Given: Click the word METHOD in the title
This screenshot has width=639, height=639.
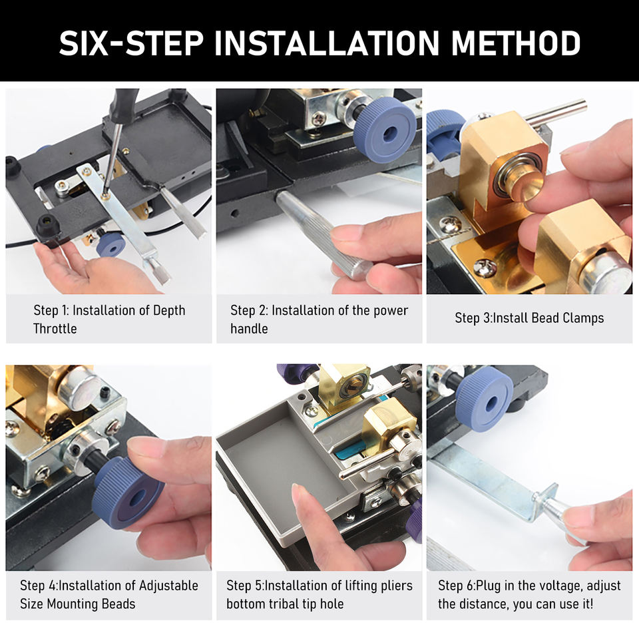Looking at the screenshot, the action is pos(515,43).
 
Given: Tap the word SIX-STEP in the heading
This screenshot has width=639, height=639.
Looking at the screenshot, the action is pos(131,43).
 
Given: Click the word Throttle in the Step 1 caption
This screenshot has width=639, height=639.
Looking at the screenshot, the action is pos(55,328).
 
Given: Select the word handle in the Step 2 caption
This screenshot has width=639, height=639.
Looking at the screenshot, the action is pos(249,328).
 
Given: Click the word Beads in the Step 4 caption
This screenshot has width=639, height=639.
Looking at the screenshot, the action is pos(118,604).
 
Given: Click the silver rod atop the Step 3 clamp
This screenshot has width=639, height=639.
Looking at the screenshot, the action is pos(556,111).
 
